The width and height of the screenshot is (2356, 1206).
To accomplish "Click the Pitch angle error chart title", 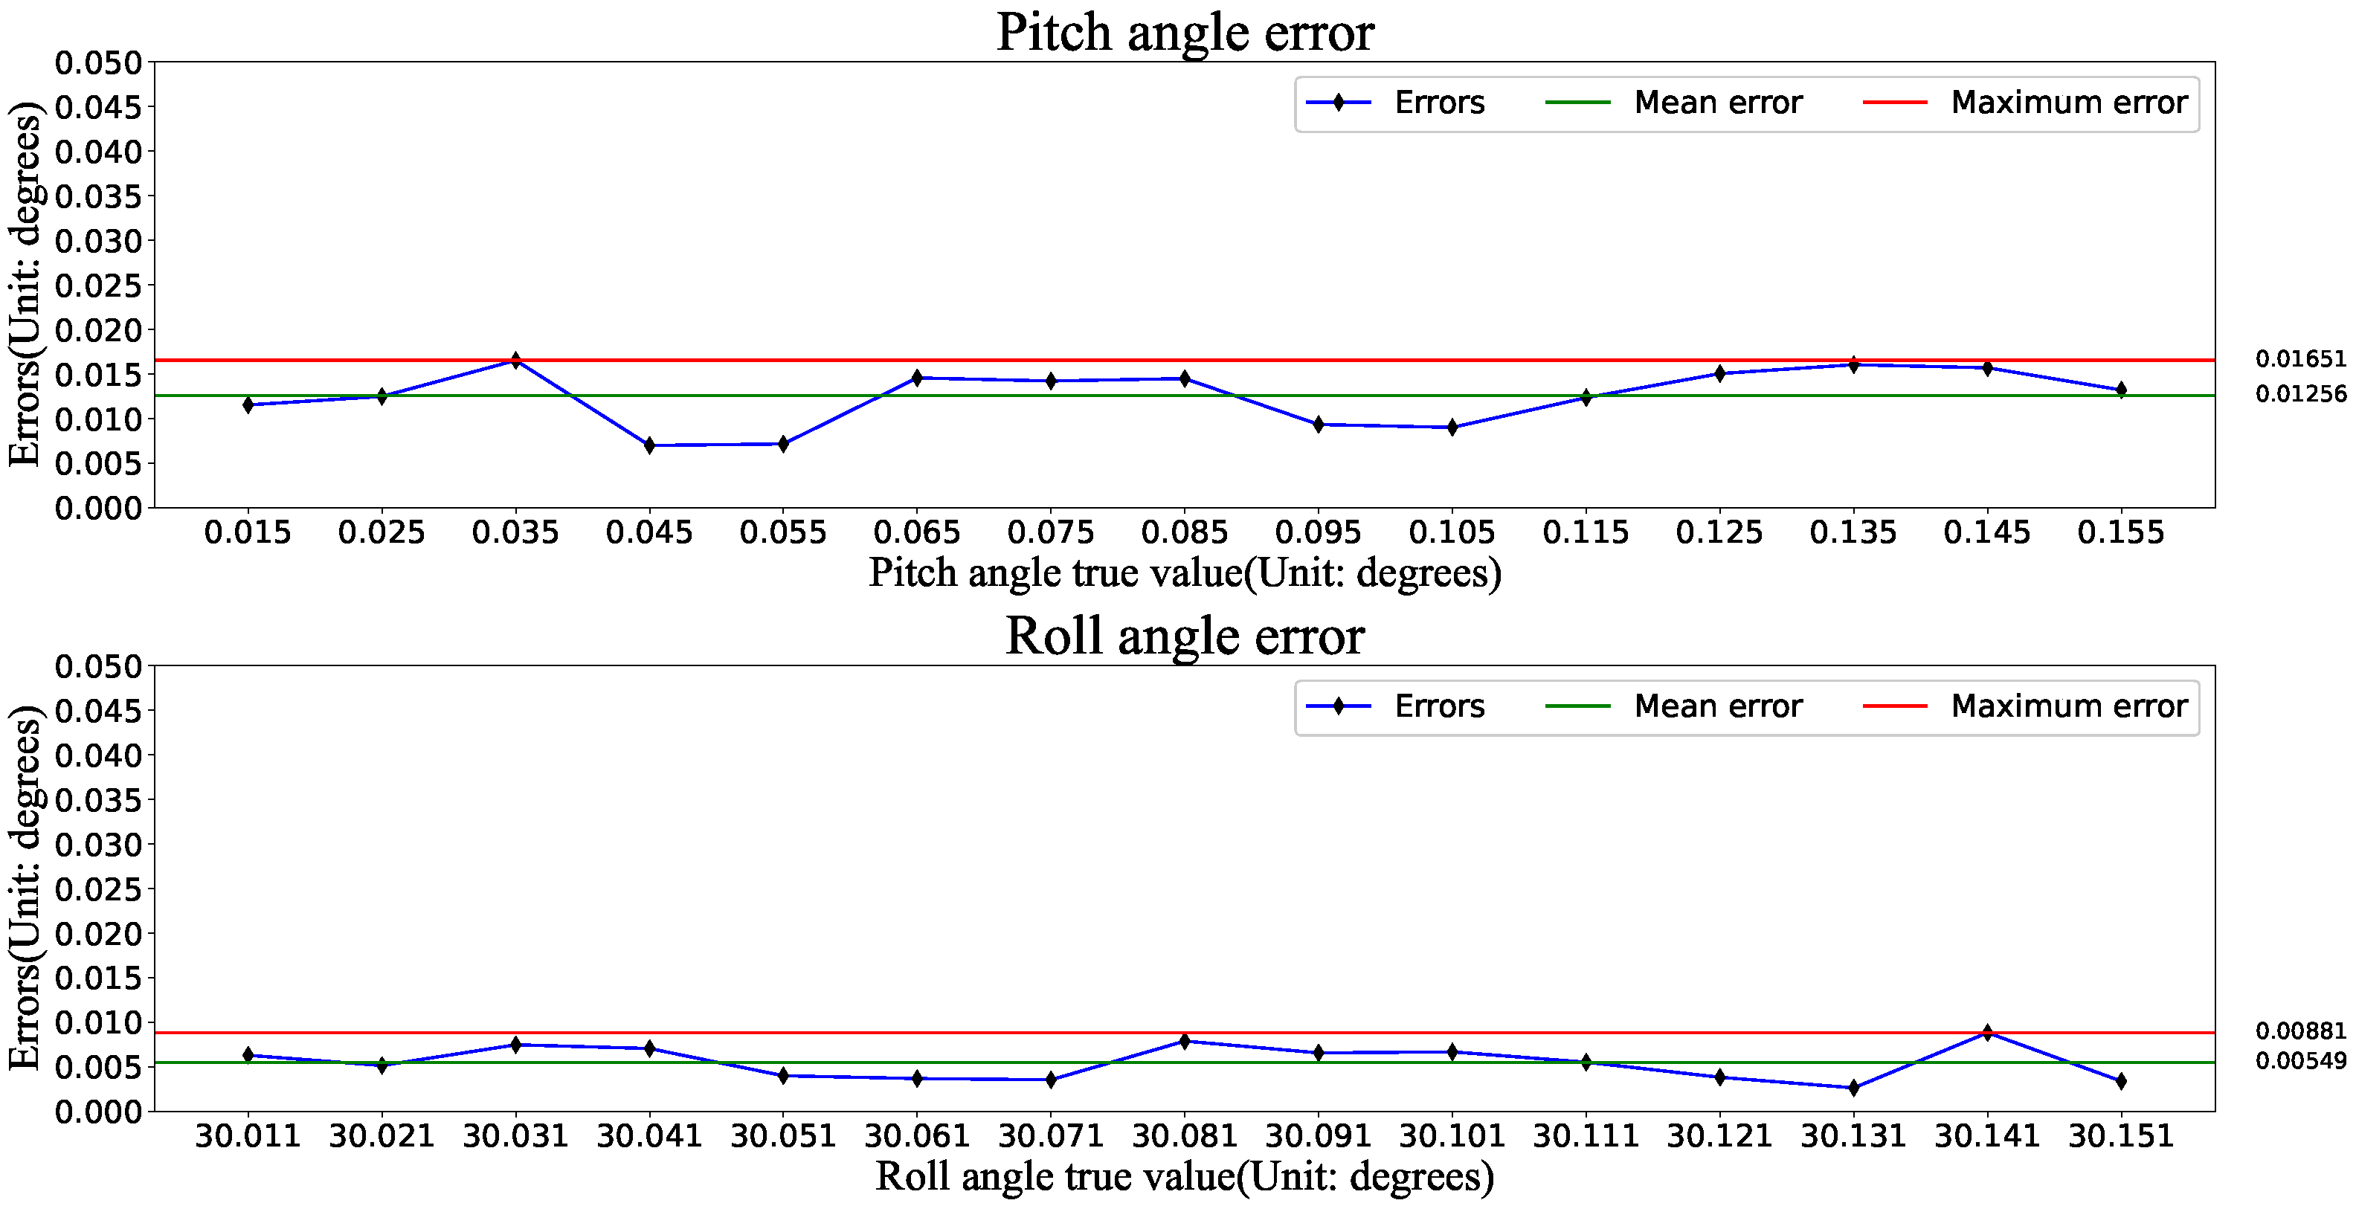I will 1185,33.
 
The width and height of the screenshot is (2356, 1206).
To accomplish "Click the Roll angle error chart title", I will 1185,636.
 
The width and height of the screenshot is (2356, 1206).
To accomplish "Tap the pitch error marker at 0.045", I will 649,445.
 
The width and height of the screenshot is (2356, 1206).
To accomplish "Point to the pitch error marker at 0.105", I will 1452,427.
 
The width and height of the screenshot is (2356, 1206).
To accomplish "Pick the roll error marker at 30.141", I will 1987,1034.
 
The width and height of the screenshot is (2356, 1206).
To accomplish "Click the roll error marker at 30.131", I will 1854,1088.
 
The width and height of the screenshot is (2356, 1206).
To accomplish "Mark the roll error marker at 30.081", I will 1185,1042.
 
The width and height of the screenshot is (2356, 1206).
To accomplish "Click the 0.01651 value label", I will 2300,359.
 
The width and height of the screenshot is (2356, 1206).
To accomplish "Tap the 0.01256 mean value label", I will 2300,394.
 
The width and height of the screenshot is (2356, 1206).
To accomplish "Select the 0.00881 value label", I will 2300,1031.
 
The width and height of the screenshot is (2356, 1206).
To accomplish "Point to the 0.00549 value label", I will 2300,1062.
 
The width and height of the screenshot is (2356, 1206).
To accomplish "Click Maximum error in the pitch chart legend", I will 2069,103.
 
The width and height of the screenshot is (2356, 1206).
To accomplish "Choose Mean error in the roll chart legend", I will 1718,706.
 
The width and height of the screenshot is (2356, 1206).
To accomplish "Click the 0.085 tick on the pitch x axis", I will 1185,532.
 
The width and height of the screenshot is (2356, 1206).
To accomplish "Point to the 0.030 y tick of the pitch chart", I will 99,242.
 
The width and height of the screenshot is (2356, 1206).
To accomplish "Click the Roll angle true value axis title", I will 1185,1177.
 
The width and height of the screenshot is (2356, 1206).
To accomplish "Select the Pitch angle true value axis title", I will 1185,573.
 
